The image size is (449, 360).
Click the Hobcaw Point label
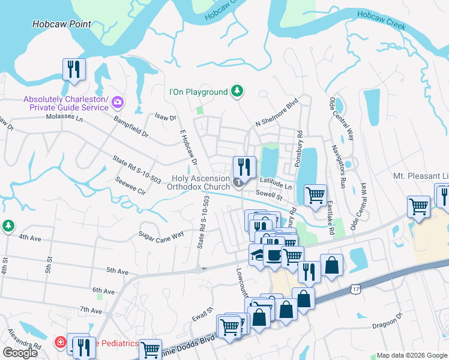(x=62, y=24)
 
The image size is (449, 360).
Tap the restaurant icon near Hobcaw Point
(x=74, y=69)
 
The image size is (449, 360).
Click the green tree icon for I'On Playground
(x=238, y=91)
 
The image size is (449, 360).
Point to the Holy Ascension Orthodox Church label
(x=200, y=182)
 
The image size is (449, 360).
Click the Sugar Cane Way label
(x=161, y=235)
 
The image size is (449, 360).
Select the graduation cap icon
(x=258, y=255)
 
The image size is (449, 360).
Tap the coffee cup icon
(x=274, y=256)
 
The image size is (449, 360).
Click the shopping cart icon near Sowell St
(x=315, y=195)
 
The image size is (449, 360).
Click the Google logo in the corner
(x=20, y=352)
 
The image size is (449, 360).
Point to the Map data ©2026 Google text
(x=411, y=355)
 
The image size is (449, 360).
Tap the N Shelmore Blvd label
(x=277, y=113)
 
